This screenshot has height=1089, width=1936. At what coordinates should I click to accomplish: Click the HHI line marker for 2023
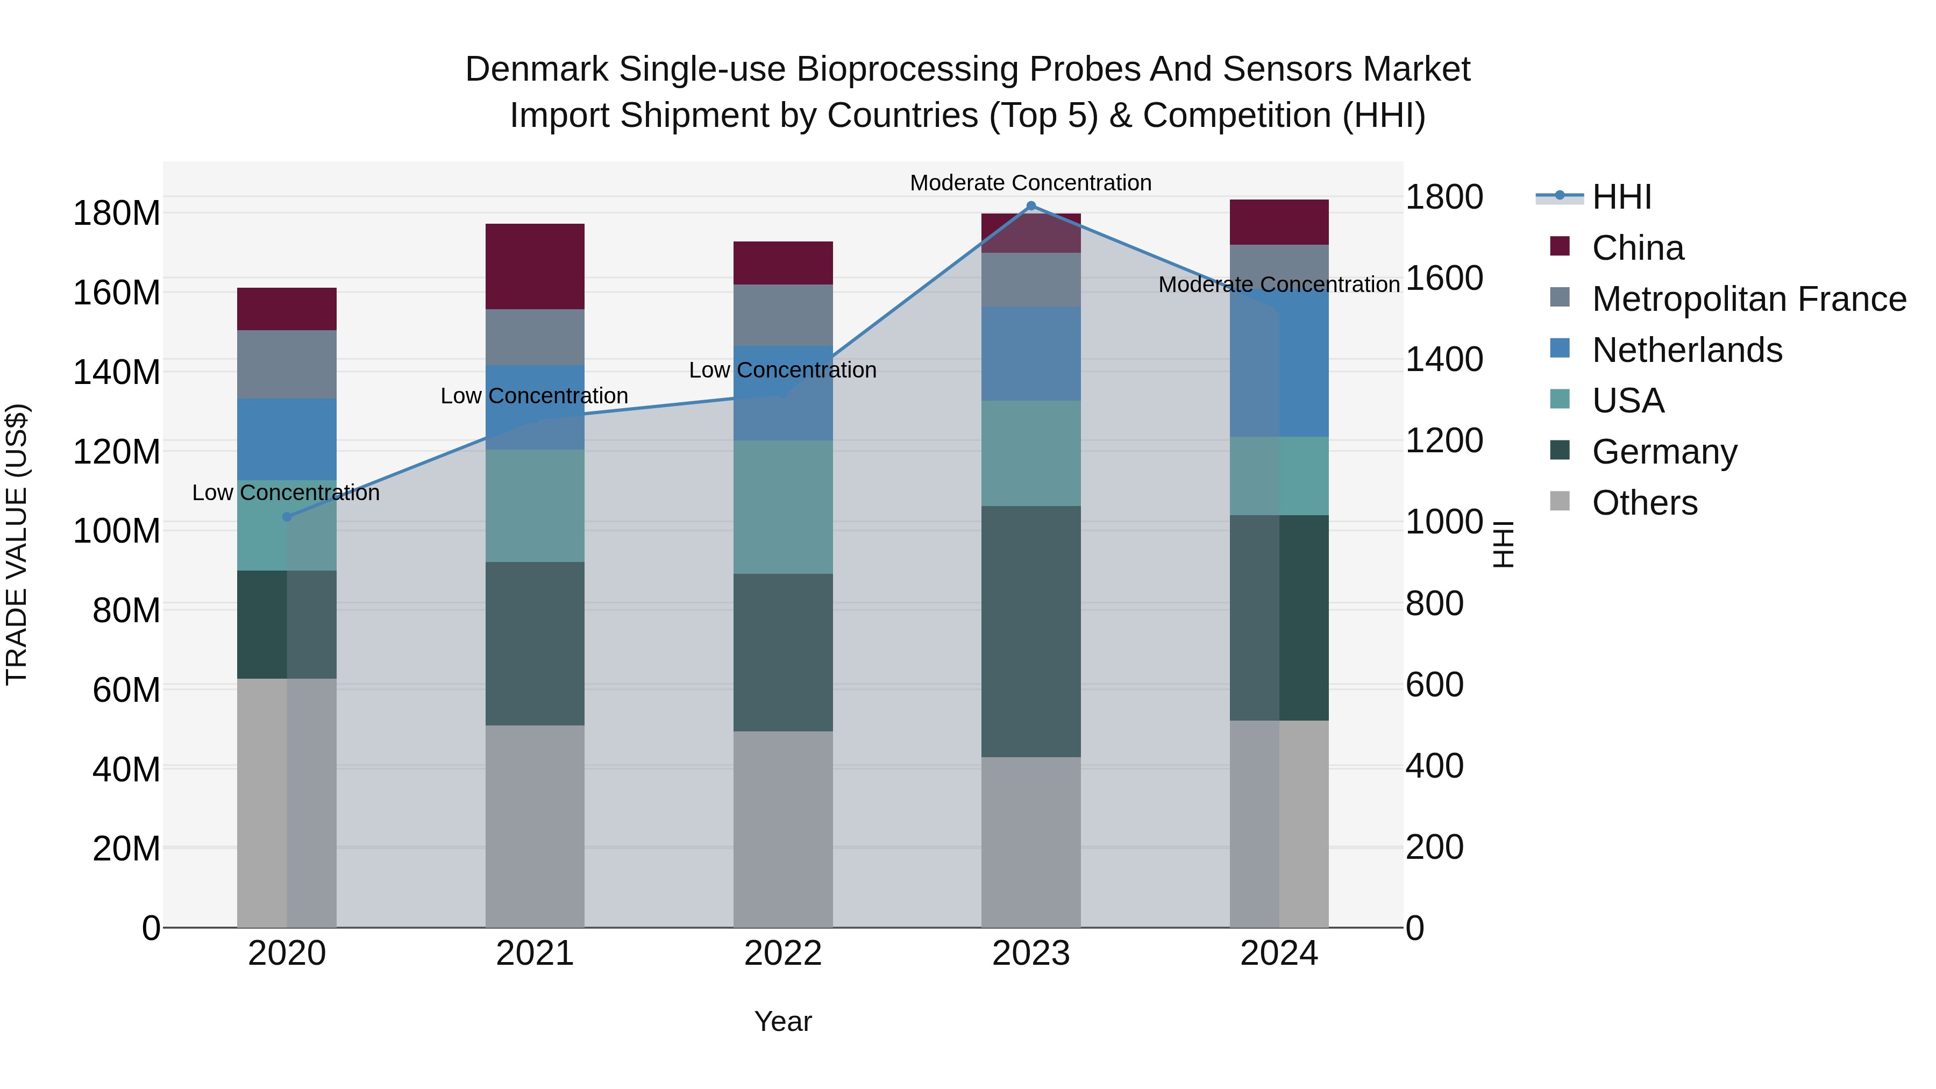pyautogui.click(x=1031, y=206)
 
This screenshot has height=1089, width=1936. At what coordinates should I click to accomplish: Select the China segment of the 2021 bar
pyautogui.click(x=535, y=266)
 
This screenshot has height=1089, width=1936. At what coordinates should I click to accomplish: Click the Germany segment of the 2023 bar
pyautogui.click(x=1031, y=631)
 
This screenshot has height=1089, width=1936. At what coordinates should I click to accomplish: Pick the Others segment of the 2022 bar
pyautogui.click(x=782, y=829)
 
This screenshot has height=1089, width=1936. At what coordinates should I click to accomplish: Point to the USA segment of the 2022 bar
pyautogui.click(x=782, y=507)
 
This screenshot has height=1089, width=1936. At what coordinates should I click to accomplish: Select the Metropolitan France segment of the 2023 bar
pyautogui.click(x=1031, y=280)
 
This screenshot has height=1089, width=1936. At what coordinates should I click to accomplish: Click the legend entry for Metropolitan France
pyautogui.click(x=1749, y=299)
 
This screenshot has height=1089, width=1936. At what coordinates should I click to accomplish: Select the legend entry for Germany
pyautogui.click(x=1664, y=452)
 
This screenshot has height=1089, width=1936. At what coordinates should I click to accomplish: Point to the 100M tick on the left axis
pyautogui.click(x=117, y=531)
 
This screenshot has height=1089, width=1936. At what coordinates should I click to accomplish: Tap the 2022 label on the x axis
pyautogui.click(x=782, y=953)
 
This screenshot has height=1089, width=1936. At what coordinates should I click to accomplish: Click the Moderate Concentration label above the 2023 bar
pyautogui.click(x=1030, y=183)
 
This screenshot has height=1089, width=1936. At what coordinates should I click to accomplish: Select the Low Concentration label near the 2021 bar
pyautogui.click(x=535, y=395)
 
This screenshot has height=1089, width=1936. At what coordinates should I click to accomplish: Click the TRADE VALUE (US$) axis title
pyautogui.click(x=17, y=544)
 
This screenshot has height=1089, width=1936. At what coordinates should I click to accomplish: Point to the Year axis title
pyautogui.click(x=782, y=1021)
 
